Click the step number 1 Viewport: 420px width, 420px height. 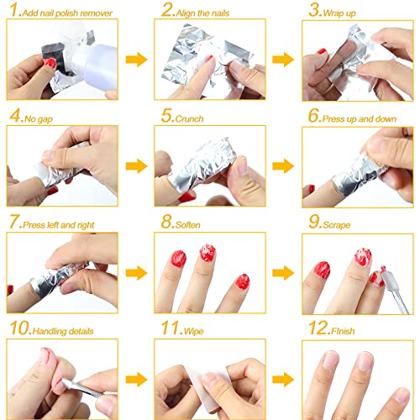click(12, 12)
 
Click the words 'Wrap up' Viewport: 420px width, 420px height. click(342, 13)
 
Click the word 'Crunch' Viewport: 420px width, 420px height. click(191, 118)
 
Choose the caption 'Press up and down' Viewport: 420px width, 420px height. click(359, 118)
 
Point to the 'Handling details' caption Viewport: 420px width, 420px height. click(59, 330)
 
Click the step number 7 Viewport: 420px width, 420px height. click(12, 223)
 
